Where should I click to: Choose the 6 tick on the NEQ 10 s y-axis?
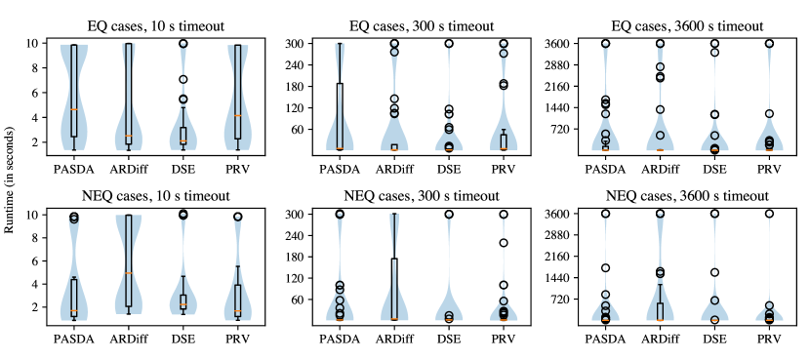(34, 260)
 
